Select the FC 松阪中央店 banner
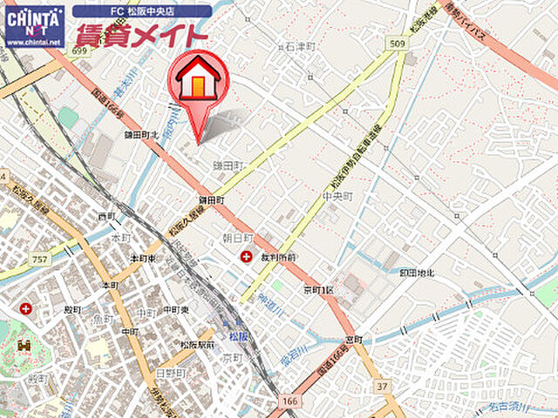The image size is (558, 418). (141, 11)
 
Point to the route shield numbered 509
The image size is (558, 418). (398, 43)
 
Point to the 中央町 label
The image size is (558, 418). (336, 197)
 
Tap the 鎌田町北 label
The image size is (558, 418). (141, 135)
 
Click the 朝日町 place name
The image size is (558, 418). (237, 237)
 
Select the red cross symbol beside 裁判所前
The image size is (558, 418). (247, 257)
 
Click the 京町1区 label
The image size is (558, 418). (319, 289)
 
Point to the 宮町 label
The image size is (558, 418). (353, 339)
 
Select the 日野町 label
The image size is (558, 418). (167, 373)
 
